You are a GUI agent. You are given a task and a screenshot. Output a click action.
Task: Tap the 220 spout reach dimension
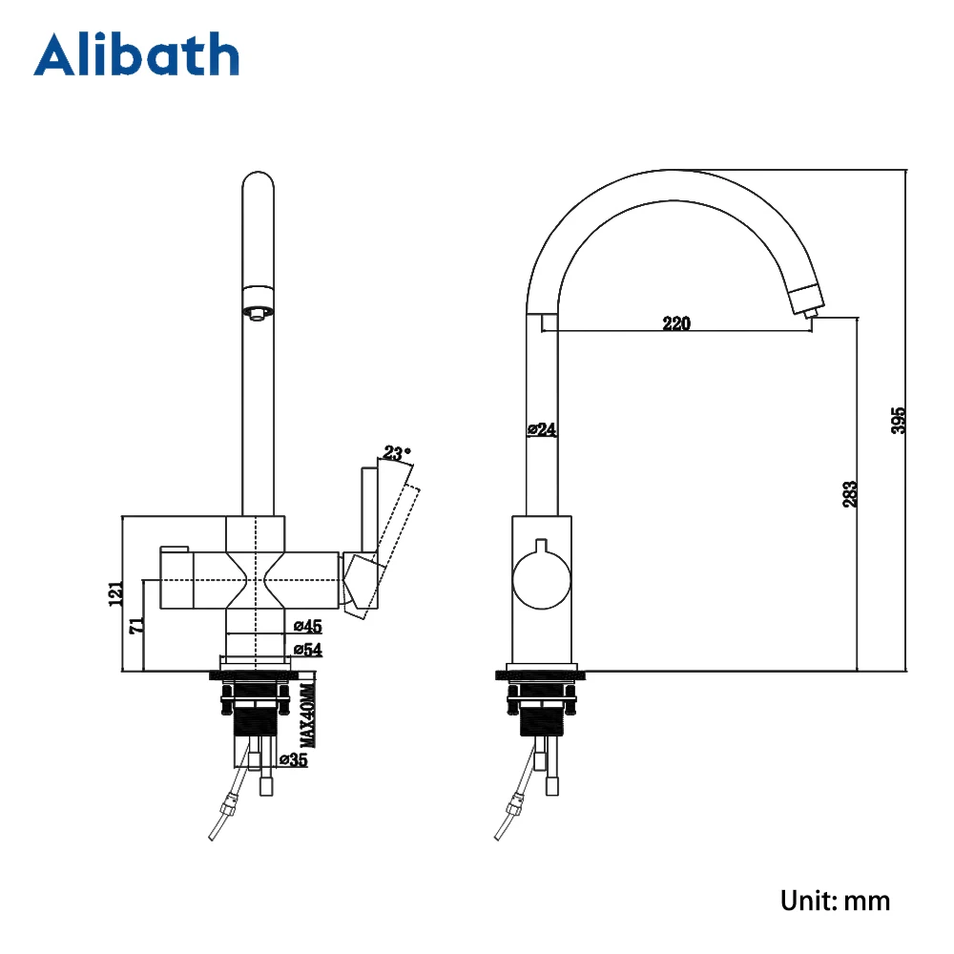pos(675,323)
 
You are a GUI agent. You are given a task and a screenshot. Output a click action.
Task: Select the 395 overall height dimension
pos(898,420)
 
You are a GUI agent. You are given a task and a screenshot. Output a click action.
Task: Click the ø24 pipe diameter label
pos(542,430)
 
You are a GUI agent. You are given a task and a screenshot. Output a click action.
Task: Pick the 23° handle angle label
pos(397,451)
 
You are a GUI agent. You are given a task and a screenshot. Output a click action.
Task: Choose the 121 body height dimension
pos(116,593)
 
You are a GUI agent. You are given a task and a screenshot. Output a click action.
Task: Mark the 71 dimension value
pos(135,626)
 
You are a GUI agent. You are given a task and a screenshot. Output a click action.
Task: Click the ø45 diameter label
pos(306,626)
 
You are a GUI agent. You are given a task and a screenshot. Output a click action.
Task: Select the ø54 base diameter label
pos(306,650)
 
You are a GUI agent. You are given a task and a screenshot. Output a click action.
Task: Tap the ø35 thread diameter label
pos(294,760)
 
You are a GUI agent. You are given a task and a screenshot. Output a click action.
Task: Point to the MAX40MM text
pos(307,715)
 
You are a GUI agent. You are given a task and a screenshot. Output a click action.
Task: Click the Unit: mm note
pos(835,900)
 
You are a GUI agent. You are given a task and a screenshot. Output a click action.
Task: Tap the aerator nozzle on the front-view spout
pos(257,311)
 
